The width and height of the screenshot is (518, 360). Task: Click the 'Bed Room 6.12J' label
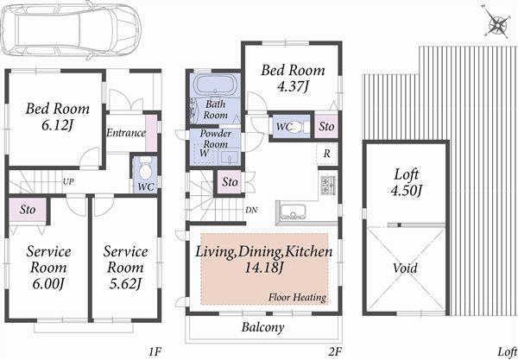tap(54, 117)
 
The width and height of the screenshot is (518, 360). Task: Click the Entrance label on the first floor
tap(125, 133)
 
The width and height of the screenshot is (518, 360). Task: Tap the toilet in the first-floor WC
tap(144, 167)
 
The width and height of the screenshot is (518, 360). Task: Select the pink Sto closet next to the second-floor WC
tap(325, 125)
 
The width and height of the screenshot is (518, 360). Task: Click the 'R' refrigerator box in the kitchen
tap(326, 155)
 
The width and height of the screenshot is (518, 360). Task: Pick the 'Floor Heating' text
tap(296, 297)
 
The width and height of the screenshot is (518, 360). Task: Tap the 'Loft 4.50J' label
tap(405, 182)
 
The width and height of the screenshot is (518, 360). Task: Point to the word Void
tap(405, 268)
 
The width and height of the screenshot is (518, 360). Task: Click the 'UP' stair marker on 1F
tap(67, 182)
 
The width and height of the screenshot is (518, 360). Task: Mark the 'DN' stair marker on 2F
tap(250, 210)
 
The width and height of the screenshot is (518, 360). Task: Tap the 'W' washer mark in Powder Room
tap(203, 153)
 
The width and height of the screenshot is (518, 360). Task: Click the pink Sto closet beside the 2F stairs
tap(229, 182)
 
